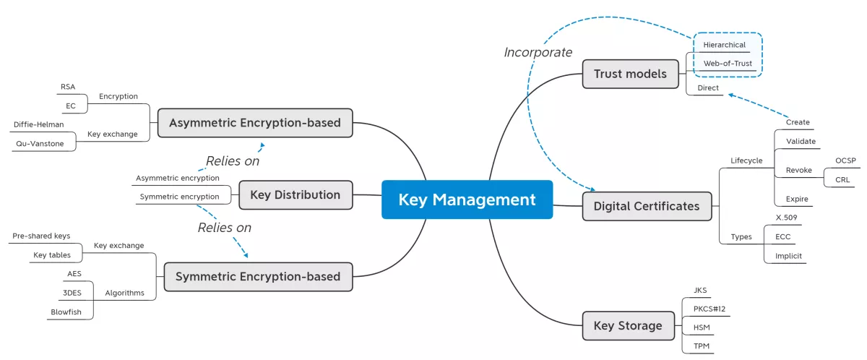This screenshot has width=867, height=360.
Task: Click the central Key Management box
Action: click(467, 200)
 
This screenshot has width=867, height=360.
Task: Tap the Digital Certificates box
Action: click(646, 206)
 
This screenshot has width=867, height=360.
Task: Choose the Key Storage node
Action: click(627, 325)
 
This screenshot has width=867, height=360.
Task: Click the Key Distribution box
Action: click(295, 194)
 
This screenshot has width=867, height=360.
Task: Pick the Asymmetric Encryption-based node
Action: click(254, 123)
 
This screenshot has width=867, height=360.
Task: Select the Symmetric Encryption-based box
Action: click(258, 276)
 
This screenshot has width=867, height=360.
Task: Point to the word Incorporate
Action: click(538, 52)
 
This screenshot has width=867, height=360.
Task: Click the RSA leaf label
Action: click(68, 87)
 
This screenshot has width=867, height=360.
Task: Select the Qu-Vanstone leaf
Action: click(40, 143)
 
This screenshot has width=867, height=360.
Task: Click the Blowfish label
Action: click(66, 312)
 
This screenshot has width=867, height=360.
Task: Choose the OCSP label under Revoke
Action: click(845, 160)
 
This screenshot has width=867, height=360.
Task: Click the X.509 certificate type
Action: click(785, 218)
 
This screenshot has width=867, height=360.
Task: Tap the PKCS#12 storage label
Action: click(709, 309)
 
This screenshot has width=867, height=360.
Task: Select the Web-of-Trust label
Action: click(728, 64)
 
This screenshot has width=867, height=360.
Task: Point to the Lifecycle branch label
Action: click(746, 160)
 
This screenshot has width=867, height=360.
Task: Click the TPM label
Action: click(701, 346)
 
